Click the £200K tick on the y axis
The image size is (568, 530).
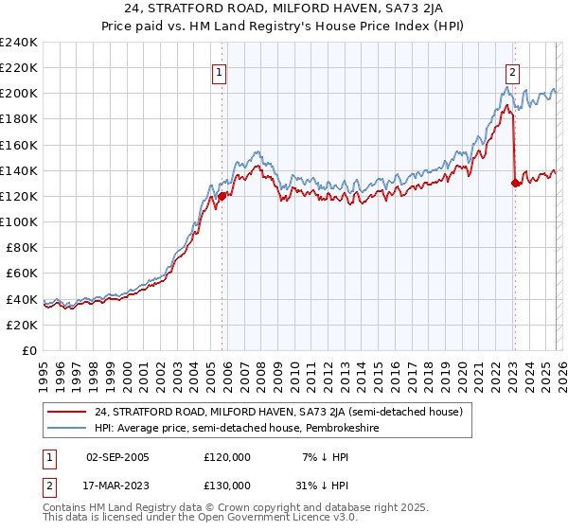[19, 94]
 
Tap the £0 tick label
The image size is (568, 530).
[29, 350]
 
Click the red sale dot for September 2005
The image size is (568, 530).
[222, 196]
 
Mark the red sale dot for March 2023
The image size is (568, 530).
[515, 184]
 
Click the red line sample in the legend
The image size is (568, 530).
[66, 412]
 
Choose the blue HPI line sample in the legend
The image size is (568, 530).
[66, 428]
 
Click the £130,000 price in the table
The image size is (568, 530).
[227, 485]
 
